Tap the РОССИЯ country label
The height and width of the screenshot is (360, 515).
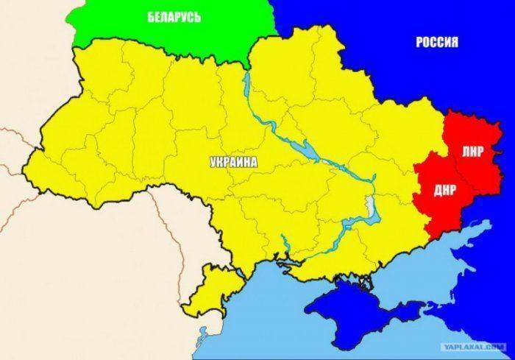437,42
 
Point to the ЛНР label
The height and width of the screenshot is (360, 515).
472,151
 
